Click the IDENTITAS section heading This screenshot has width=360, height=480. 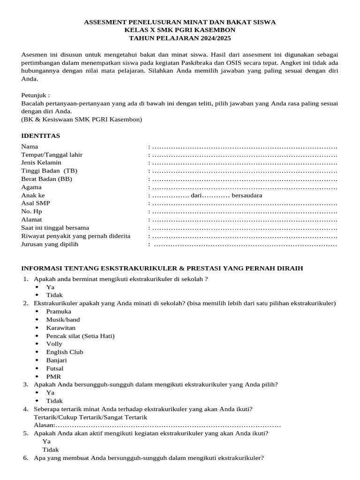[x=41, y=136]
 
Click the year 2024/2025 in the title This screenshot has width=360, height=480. [x=213, y=38]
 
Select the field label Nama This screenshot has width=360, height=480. [x=30, y=147]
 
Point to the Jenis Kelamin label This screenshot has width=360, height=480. [x=41, y=163]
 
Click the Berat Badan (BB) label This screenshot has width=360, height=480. [x=47, y=179]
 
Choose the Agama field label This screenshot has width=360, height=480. [x=31, y=187]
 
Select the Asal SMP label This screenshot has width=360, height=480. [x=36, y=203]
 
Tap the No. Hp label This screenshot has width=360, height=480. [x=31, y=211]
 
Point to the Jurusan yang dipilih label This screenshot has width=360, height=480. [x=50, y=244]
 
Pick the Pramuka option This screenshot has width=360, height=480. [x=59, y=312]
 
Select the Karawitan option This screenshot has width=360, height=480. [x=60, y=328]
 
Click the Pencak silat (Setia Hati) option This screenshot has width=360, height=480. [x=80, y=336]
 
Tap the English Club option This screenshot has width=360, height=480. [x=65, y=352]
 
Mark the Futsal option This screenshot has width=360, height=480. [x=55, y=368]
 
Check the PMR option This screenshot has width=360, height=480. [x=53, y=376]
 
